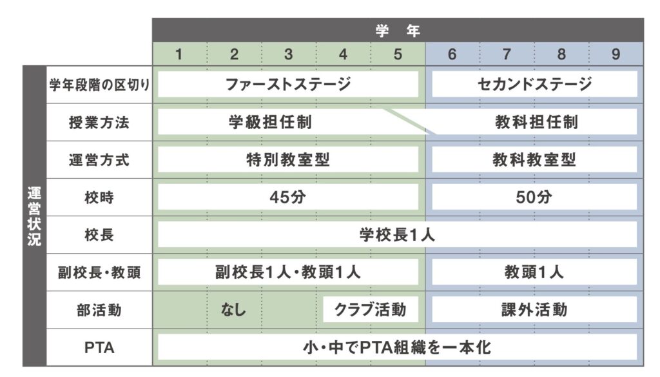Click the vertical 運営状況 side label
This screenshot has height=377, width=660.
pos(34,216)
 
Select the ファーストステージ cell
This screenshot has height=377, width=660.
pos(288,85)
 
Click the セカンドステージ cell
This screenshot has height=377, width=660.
pos(534,85)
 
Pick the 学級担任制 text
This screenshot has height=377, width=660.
pos(270,122)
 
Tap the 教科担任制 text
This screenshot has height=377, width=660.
pos(536,122)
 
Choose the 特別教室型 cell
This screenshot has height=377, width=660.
pos(288,160)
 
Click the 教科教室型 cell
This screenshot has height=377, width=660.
pos(534,160)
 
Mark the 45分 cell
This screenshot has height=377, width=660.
pos(288,198)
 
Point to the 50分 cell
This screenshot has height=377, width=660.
pos(534,198)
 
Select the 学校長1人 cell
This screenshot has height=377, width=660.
pos(397,235)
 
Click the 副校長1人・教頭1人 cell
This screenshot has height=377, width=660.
pos(288,272)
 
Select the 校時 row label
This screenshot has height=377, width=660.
pos(99,198)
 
